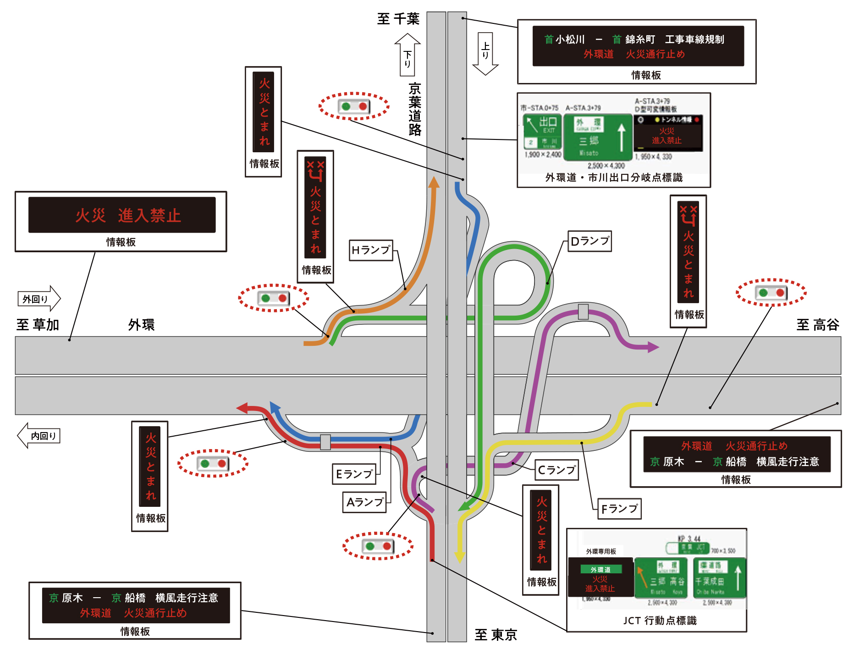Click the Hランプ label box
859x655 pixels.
point(371,250)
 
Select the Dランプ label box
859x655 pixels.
point(589,241)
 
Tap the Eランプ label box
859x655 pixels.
point(354,474)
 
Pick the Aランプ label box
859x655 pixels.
point(364,502)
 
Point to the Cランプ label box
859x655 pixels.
point(556,470)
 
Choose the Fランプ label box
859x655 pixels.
point(619,509)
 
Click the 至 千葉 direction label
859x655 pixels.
point(398,19)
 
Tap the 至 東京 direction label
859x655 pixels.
point(496,635)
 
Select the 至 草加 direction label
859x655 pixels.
point(38,325)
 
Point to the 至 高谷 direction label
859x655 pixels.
point(817,325)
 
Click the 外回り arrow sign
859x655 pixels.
point(39,299)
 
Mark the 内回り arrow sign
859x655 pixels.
point(39,436)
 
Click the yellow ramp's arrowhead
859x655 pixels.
point(460,556)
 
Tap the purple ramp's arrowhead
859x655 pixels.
point(652,347)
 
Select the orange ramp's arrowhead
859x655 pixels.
point(434,182)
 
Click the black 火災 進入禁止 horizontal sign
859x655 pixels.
point(122,215)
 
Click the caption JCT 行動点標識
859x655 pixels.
point(660,621)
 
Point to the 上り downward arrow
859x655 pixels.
point(485,53)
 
